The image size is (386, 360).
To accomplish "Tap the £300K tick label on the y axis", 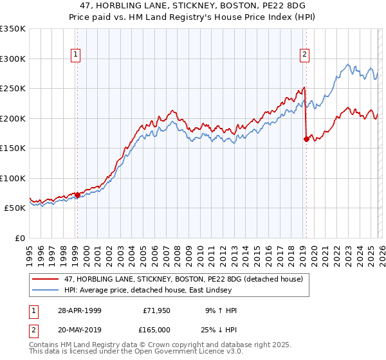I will [13, 59].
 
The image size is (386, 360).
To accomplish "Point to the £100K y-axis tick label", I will [13, 178].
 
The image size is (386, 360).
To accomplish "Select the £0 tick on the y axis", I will [19, 238].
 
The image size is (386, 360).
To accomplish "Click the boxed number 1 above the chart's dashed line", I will [77, 55].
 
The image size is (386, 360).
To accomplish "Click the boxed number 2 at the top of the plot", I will [304, 55].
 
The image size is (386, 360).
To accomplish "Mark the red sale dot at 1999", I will [77, 195].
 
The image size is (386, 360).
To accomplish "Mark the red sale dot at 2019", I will [306, 139].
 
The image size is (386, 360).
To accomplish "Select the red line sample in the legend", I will [46, 278].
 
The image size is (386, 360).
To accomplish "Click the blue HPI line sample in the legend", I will [46, 290].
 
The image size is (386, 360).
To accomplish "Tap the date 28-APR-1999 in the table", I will [78, 310].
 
